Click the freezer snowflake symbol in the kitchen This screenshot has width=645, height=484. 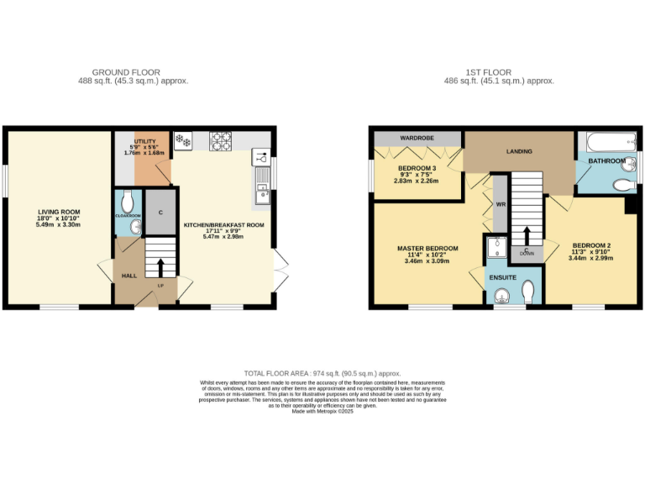click(x=181, y=140)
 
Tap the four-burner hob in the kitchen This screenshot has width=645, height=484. click(x=221, y=140)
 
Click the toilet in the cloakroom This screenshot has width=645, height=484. click(x=128, y=202)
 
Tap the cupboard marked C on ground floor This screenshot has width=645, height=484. click(x=158, y=212)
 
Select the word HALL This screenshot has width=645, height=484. click(x=128, y=275)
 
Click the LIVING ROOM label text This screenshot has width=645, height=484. click(x=58, y=212)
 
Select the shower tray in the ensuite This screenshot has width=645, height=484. click(x=497, y=246)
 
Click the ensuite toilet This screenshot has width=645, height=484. click(x=527, y=292)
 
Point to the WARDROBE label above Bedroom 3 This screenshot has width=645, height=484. click(x=417, y=138)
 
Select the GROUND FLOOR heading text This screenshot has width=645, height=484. click(x=126, y=72)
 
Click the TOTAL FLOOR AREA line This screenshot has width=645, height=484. click(x=322, y=372)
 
